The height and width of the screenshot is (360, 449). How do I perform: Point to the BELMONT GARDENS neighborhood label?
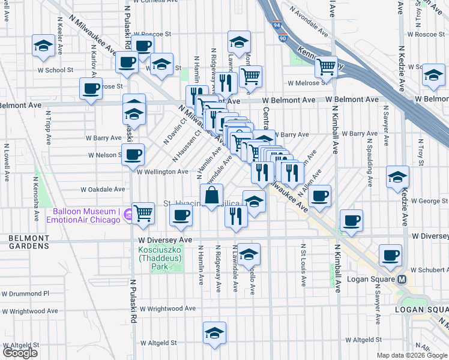[28, 242]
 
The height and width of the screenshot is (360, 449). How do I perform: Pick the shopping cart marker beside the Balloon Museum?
[143, 212]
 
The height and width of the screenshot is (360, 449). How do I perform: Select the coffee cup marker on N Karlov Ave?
[91, 89]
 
